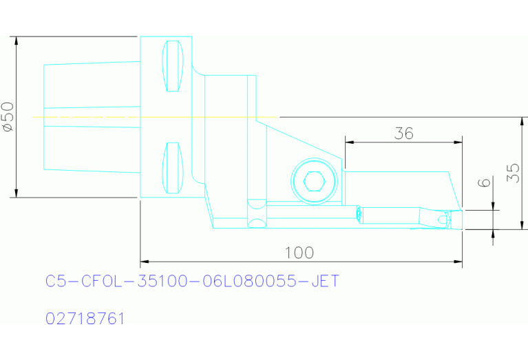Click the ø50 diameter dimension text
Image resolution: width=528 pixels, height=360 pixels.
[x=8, y=116]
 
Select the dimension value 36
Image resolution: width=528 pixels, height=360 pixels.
[x=404, y=134]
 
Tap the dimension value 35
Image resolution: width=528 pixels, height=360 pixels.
[x=512, y=173]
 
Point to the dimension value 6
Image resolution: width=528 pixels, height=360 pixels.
[x=486, y=183]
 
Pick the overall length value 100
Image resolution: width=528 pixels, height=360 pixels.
[x=299, y=253]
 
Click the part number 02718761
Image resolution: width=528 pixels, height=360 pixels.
[x=85, y=319]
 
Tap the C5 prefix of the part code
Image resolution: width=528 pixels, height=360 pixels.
[x=56, y=282]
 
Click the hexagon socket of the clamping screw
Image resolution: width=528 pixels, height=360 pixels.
[x=313, y=182]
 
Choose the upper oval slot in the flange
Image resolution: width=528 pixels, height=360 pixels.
[x=172, y=66]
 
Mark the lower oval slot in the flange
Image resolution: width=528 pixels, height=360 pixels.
[x=172, y=168]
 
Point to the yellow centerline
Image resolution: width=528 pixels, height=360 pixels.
[x=155, y=117]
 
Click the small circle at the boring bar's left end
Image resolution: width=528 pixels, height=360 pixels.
[x=359, y=214]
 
